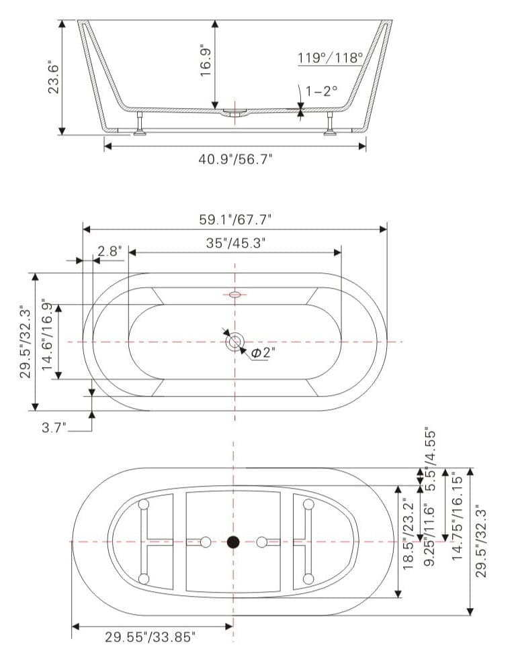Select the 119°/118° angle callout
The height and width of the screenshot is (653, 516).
click(x=330, y=58)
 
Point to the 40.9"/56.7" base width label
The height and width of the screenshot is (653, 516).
click(x=235, y=158)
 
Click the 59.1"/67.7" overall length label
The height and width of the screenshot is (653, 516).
click(x=235, y=219)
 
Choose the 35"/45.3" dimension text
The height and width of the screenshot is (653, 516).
click(x=235, y=243)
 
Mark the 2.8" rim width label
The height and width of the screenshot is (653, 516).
click(x=109, y=252)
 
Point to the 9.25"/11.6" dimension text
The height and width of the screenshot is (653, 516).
click(x=429, y=528)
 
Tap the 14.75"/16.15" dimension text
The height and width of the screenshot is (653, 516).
click(x=460, y=515)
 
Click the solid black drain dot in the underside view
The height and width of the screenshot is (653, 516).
click(x=233, y=542)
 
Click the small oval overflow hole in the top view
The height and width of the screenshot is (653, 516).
click(x=234, y=294)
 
